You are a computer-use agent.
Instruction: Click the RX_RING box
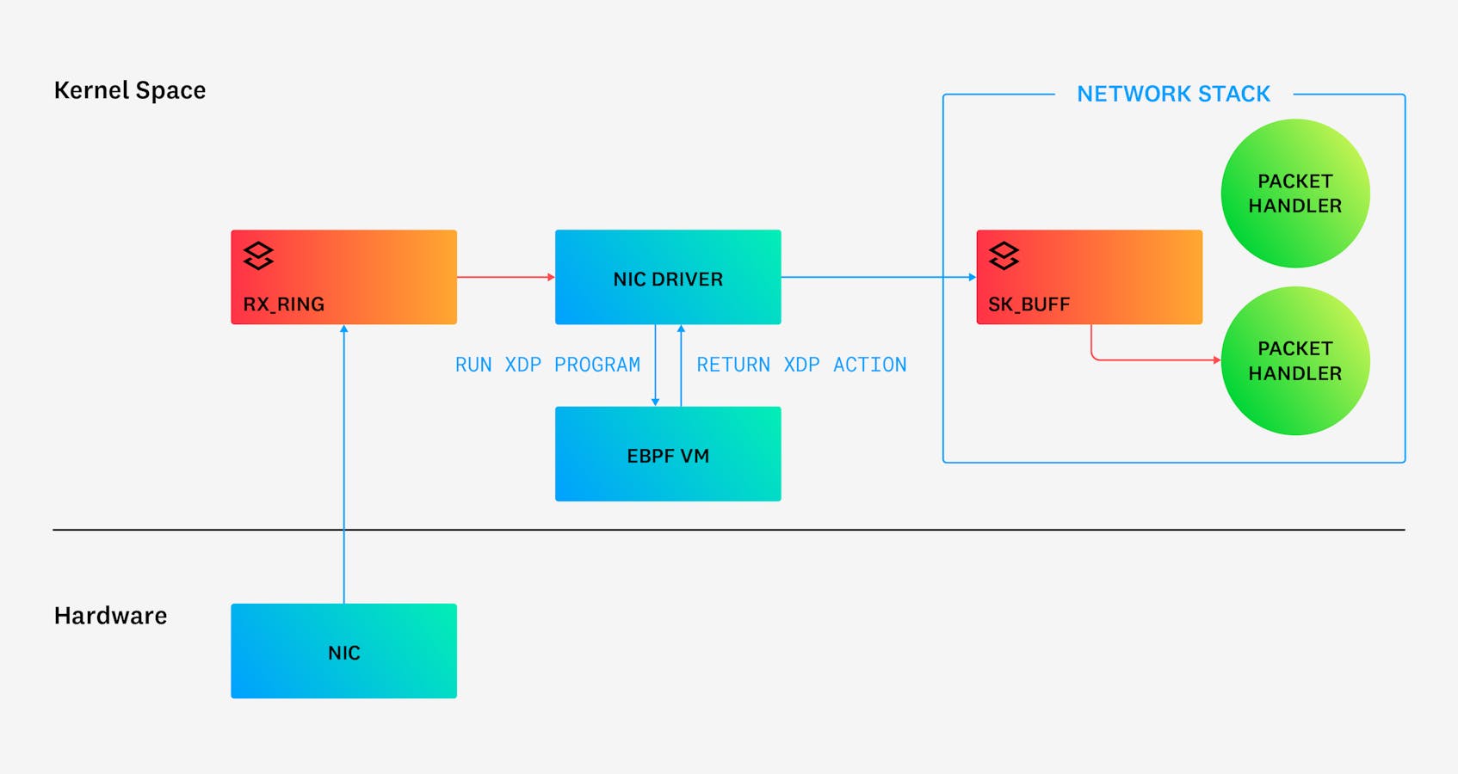[343, 277]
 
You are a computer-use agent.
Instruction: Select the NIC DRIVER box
[668, 277]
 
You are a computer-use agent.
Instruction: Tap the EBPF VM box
[668, 454]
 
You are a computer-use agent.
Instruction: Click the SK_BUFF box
[1089, 277]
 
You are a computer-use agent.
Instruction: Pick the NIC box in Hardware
[343, 651]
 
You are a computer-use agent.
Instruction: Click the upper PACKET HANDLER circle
[1294, 193]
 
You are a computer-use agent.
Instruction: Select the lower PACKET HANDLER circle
[1294, 360]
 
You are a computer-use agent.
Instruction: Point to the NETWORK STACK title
[1173, 94]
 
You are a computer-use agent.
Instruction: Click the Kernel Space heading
[130, 90]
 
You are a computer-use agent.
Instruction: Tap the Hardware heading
[110, 616]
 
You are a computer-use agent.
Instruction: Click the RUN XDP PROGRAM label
[547, 365]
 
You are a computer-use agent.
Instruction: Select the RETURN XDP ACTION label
[801, 365]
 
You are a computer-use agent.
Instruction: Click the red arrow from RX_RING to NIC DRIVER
[505, 277]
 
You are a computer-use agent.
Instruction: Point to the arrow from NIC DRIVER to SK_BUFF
[878, 277]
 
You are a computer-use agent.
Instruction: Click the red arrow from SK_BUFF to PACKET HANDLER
[1153, 359]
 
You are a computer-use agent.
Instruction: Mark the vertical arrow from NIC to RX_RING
[344, 464]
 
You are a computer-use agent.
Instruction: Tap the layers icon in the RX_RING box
[258, 255]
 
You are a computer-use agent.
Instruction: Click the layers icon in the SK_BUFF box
[1004, 255]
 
